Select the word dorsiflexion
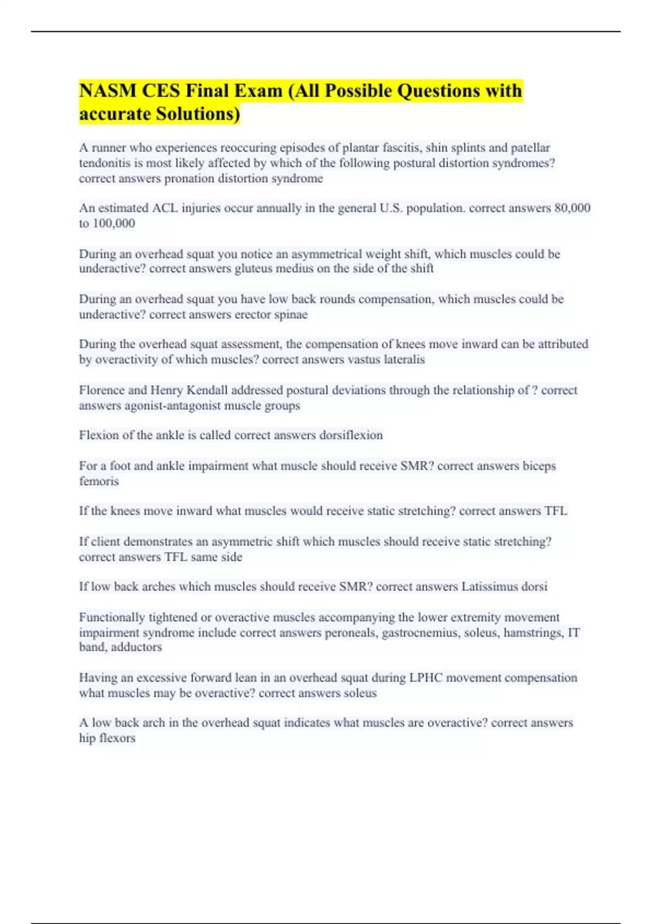point(351,435)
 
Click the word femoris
point(98,481)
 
